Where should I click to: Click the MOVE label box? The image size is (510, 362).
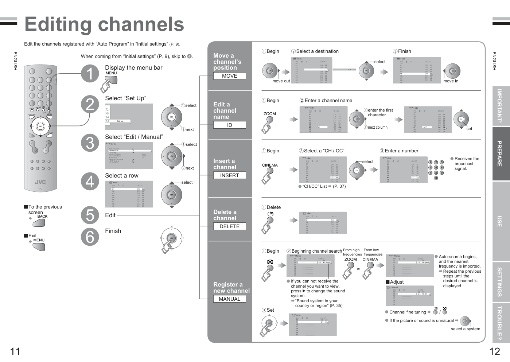(x=229, y=76)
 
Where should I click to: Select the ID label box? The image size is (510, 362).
(x=229, y=125)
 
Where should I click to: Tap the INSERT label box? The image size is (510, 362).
(x=229, y=175)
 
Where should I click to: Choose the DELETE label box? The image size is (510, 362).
(x=229, y=226)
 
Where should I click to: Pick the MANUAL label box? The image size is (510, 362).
(x=229, y=299)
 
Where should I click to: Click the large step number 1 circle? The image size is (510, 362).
(x=90, y=74)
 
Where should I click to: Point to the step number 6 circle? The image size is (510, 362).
(x=90, y=237)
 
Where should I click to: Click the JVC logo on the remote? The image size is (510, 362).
(x=40, y=182)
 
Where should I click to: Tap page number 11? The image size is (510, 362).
(x=15, y=351)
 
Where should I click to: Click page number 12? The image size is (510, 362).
(x=495, y=351)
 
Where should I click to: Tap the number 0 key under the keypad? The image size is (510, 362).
(x=436, y=178)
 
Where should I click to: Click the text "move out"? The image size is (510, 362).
(x=281, y=81)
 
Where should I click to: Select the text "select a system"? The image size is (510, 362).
(x=465, y=329)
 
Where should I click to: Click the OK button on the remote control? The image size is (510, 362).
(x=40, y=126)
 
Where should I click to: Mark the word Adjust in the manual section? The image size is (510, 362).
(x=397, y=282)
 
